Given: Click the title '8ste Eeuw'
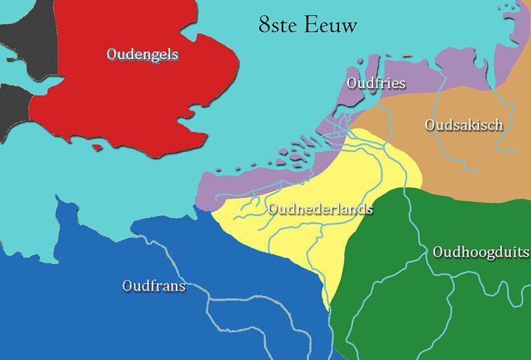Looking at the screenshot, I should [308, 26].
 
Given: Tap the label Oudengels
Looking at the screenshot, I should [142, 54].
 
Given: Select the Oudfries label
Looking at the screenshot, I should [376, 83].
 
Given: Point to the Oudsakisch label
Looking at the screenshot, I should [464, 125].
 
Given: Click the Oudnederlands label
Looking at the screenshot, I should [320, 209].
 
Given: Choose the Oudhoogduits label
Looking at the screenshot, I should [481, 252].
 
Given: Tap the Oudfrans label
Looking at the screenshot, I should [153, 286].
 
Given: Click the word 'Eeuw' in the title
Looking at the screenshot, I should [331, 26].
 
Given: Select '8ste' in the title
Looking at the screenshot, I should [277, 26].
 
